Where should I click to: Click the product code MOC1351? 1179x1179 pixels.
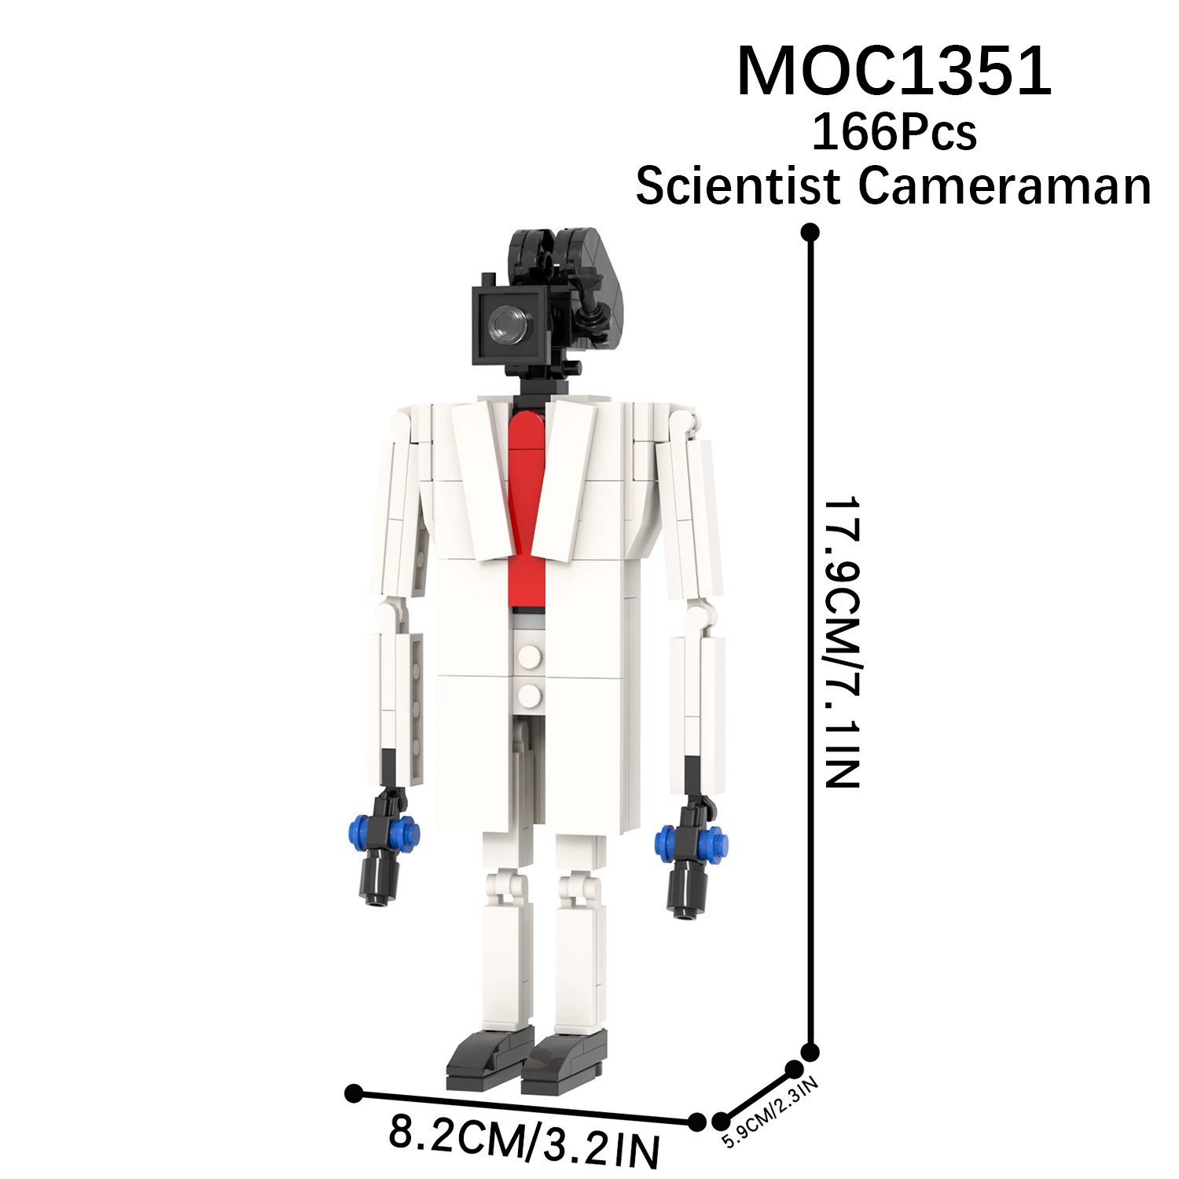(894, 72)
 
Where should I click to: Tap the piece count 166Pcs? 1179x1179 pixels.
(894, 132)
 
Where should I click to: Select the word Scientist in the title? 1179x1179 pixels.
(739, 187)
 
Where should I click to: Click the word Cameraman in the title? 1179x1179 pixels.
(1005, 187)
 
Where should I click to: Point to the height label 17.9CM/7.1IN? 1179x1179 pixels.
(840, 641)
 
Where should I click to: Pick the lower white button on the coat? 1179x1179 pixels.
(531, 694)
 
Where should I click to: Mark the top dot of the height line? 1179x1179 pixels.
(810, 232)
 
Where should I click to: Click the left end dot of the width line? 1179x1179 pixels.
(354, 1093)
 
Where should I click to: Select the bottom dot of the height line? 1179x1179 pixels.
(810, 1052)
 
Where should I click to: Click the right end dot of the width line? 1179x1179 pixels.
(696, 1122)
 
